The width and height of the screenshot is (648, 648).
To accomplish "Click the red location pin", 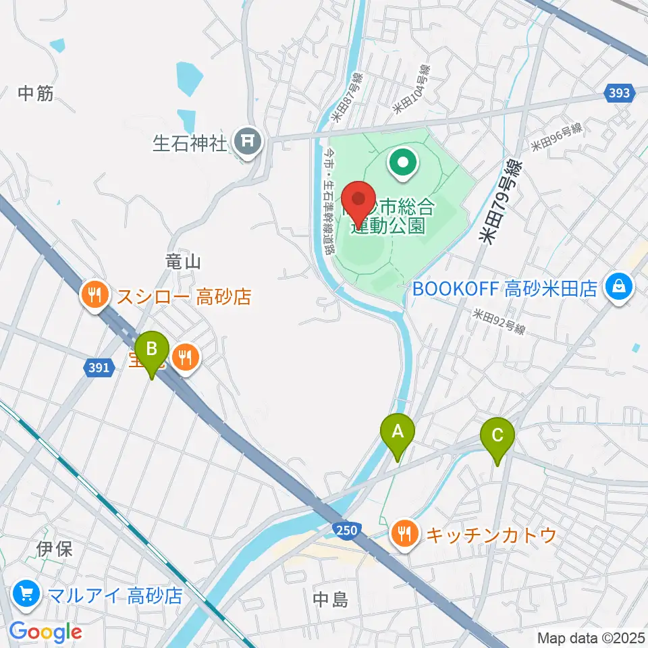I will [x=359, y=200].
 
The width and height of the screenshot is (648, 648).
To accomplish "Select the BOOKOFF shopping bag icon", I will [x=618, y=288].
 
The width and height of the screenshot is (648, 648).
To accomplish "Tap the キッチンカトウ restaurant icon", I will [x=404, y=535].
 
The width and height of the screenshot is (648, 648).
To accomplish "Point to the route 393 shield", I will [x=619, y=94].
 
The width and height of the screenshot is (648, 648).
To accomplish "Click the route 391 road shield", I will [x=98, y=367].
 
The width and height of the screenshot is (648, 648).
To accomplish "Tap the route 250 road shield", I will [x=345, y=530].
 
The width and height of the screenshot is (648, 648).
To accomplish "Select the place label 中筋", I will [x=36, y=94].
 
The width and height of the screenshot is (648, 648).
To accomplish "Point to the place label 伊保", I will [x=55, y=548].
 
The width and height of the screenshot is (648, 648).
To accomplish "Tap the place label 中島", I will [x=331, y=599].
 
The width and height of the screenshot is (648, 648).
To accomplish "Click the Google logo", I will [x=45, y=632].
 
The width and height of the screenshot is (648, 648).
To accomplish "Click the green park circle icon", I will [x=403, y=162].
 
